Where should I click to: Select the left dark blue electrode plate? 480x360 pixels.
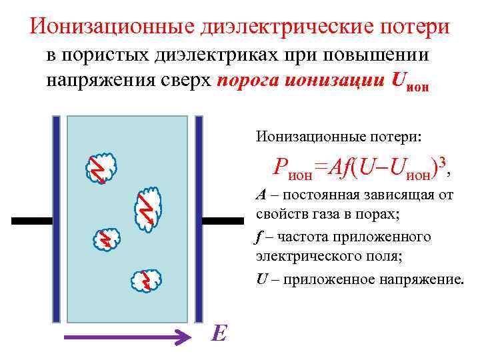click(57, 218)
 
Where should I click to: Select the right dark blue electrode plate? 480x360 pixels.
click(198, 218)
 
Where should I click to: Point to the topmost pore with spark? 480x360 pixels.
click(101, 167)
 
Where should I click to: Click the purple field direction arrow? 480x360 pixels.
click(127, 338)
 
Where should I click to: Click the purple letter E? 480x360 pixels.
click(218, 333)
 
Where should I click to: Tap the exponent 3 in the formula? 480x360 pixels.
click(442, 163)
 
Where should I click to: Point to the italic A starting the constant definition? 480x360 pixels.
click(261, 195)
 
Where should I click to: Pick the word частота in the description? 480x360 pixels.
click(297, 237)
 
